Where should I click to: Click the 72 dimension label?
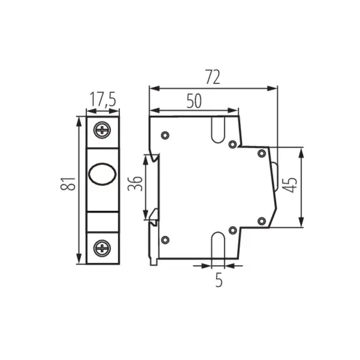point(213,77)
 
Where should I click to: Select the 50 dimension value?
point(193,101)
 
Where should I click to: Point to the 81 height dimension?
point(70,185)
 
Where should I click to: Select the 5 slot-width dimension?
point(218,279)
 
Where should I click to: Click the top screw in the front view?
point(103,129)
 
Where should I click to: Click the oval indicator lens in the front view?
point(100,175)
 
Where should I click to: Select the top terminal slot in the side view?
point(218,128)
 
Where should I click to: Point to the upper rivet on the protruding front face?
point(261,153)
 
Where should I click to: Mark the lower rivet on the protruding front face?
point(261,221)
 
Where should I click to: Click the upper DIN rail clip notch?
point(154,160)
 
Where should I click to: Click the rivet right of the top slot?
point(233,144)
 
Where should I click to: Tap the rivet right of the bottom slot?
point(233,230)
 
